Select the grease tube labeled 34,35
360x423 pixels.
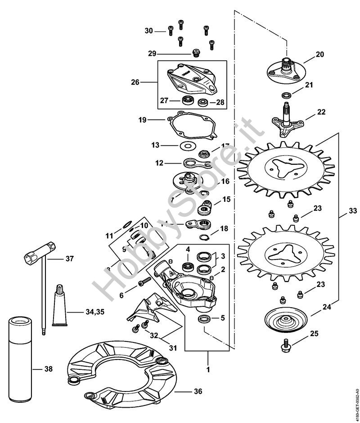60,306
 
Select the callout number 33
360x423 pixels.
353,209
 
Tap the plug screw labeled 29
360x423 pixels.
196,53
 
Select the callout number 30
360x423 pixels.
149,31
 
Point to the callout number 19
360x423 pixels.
143,120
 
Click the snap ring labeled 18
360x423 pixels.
202,239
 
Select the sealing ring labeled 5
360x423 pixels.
204,320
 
